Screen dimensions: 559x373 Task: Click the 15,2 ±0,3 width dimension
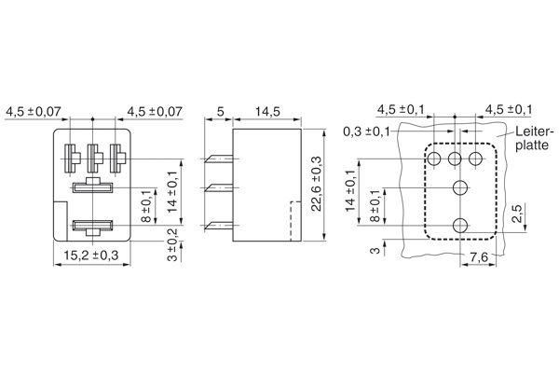[x=91, y=256]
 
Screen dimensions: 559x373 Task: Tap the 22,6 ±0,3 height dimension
[x=316, y=184]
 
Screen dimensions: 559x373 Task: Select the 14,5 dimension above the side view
[x=267, y=112]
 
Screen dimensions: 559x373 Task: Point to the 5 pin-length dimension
[x=220, y=112]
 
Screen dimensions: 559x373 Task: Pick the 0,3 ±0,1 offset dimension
[x=366, y=131]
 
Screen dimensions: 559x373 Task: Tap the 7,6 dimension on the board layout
[x=479, y=257]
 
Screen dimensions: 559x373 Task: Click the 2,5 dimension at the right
[x=517, y=214]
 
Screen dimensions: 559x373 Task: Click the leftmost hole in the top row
[x=434, y=159]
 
